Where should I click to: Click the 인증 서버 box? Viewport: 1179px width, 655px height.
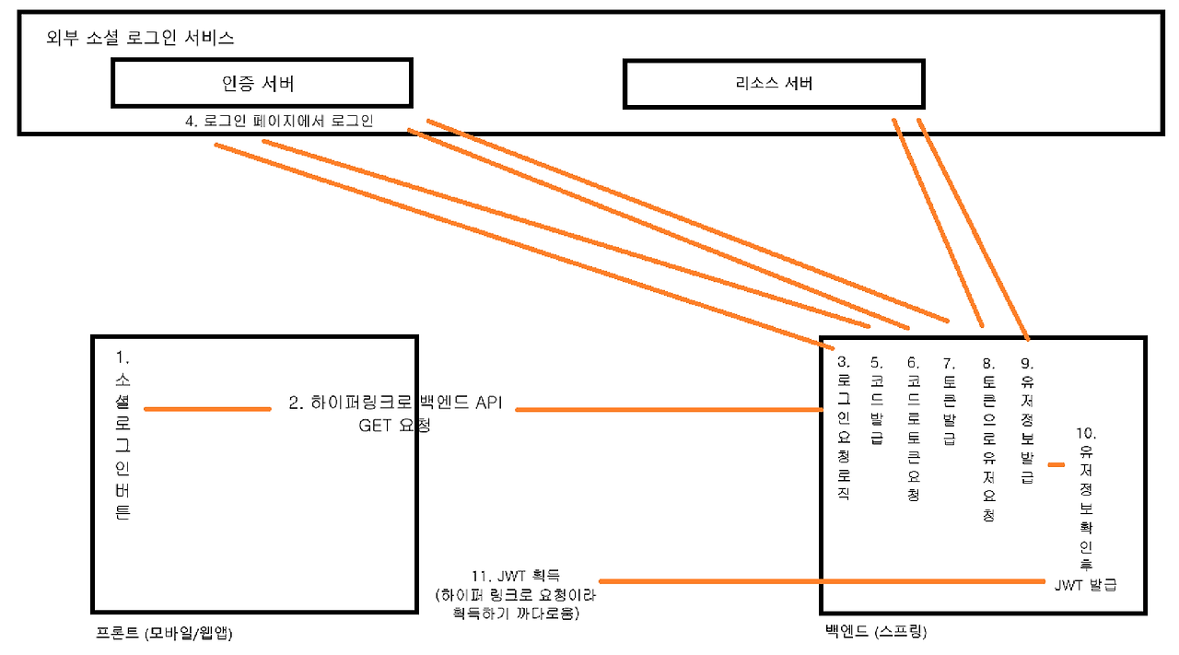(262, 83)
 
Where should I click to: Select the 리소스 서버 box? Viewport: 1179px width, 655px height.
(774, 84)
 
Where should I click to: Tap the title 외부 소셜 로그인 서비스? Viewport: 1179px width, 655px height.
(140, 39)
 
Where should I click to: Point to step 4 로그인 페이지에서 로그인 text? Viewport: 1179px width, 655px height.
(279, 121)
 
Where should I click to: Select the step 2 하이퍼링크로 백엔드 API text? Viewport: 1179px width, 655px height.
(395, 403)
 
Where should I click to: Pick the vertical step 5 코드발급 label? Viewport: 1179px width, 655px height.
(876, 401)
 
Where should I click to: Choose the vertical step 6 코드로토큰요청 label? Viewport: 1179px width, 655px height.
(912, 428)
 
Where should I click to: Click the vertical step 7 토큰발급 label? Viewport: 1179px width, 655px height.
(949, 401)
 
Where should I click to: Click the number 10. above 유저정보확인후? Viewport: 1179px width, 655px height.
(1086, 432)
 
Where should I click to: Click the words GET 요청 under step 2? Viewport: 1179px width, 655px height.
(394, 426)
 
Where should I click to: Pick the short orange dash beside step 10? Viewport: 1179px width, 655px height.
(1056, 464)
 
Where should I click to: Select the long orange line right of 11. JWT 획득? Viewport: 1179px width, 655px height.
(820, 581)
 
